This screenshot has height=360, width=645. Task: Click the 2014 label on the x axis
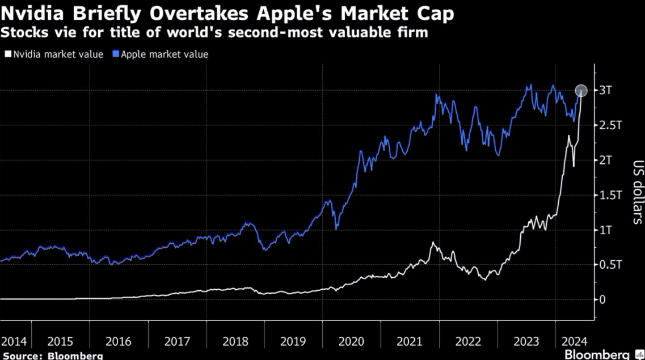pyautogui.click(x=14, y=342)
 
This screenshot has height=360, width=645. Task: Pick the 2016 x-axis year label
pyautogui.click(x=119, y=342)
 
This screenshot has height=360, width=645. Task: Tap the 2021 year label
pyautogui.click(x=410, y=342)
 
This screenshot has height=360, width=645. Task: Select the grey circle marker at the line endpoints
pyautogui.click(x=581, y=91)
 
